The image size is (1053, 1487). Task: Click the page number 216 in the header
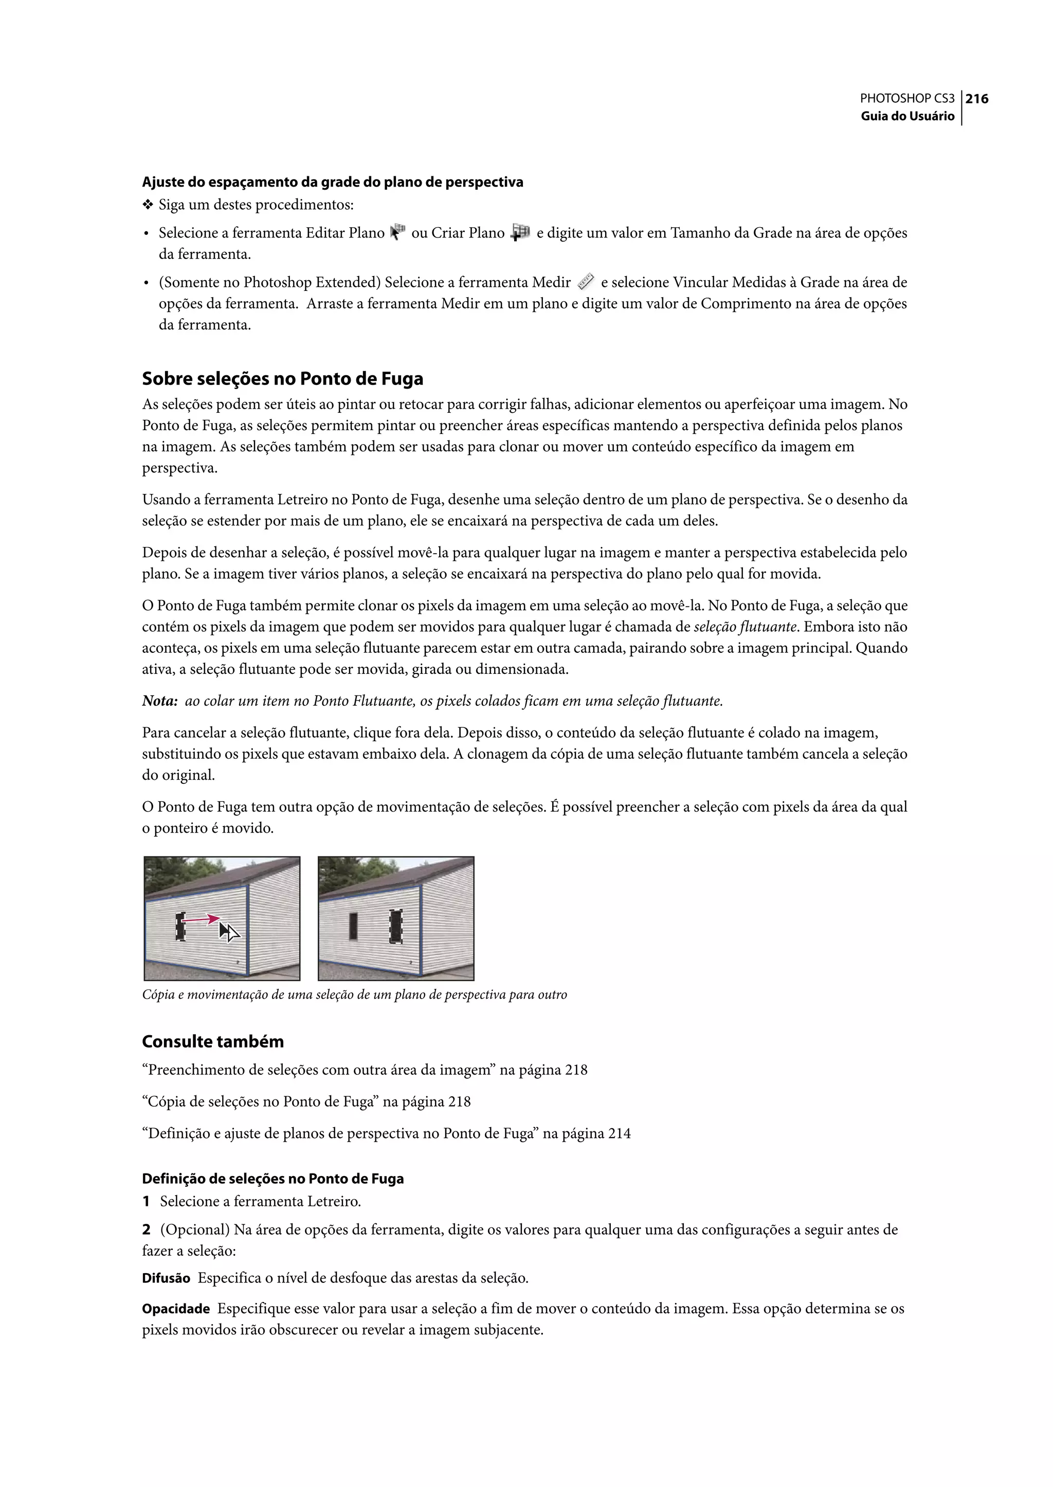[x=976, y=99]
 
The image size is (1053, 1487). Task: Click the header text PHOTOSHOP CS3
[x=906, y=99]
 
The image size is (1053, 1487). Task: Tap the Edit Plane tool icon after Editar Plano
[x=397, y=232]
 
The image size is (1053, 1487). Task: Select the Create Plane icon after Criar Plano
[x=520, y=232]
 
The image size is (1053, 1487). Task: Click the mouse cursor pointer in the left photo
[x=228, y=932]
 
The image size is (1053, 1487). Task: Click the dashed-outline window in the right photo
[x=395, y=926]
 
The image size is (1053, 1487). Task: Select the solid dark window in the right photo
[x=353, y=926]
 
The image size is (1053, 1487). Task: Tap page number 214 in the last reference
[x=619, y=1133]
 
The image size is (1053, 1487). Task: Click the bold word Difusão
[x=166, y=1278]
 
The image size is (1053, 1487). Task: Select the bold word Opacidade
[x=176, y=1309]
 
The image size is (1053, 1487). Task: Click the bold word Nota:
[x=159, y=701]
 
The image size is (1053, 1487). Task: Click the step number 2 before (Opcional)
[x=147, y=1229]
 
